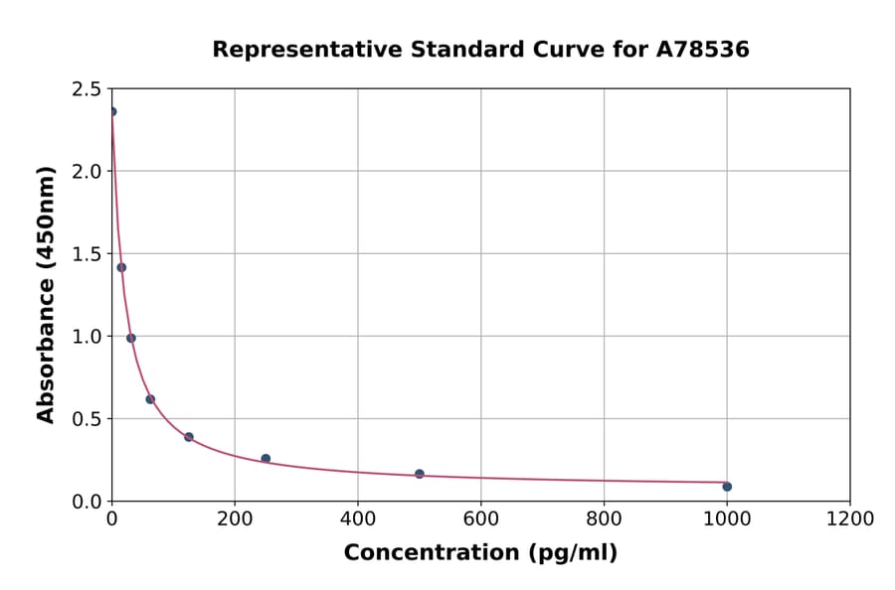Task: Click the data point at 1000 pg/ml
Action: [727, 487]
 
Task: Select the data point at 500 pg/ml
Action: [420, 474]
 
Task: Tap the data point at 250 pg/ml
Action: [266, 459]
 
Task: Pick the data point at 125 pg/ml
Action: [189, 437]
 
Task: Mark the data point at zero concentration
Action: [112, 111]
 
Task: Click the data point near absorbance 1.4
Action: [121, 267]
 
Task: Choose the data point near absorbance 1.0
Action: [131, 338]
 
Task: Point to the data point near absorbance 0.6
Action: [150, 399]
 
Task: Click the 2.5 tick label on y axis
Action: [86, 89]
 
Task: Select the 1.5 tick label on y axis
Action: [86, 254]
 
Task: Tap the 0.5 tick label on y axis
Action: [86, 419]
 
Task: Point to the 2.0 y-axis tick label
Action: [86, 172]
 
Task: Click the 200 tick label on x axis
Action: [235, 518]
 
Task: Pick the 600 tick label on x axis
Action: [481, 518]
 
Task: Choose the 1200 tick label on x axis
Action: [850, 518]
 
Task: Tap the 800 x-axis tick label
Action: [604, 518]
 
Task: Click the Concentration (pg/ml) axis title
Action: [480, 553]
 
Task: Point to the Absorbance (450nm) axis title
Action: [46, 294]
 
